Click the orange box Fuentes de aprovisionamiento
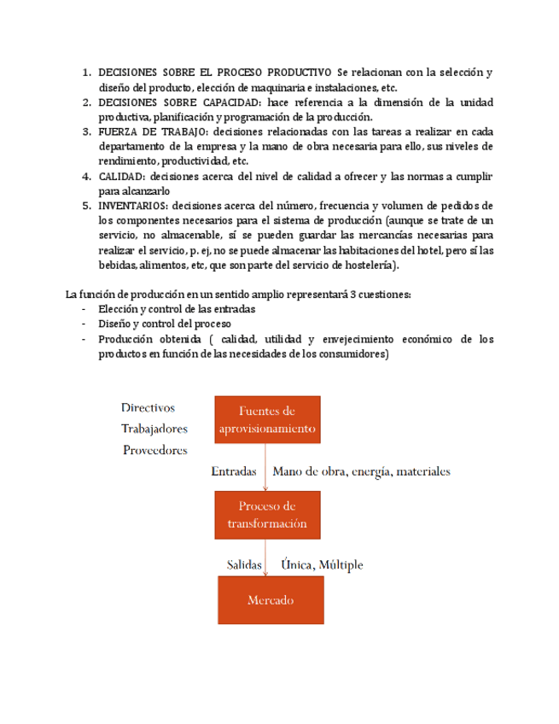[267, 419]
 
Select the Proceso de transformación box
[267, 515]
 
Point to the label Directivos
[148, 407]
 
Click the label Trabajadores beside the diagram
[154, 429]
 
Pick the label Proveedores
[154, 450]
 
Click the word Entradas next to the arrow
[234, 470]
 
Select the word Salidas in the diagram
[244, 564]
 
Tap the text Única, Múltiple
[322, 564]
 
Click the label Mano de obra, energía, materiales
[361, 470]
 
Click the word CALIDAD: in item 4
[121, 177]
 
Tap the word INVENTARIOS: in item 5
[133, 206]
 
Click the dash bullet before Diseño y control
[83, 324]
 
